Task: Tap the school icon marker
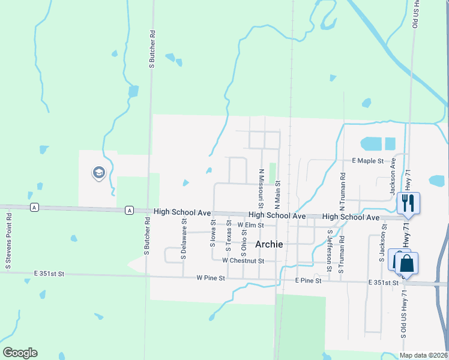tap(98, 173)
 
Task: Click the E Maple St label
tap(367, 161)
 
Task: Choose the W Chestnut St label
tap(243, 261)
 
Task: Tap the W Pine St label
tap(210, 278)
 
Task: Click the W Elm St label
tap(250, 225)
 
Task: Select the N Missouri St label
tap(262, 184)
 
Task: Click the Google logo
tap(20, 353)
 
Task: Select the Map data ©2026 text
tap(423, 355)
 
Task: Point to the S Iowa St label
tap(212, 233)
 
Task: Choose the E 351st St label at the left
tap(48, 274)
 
